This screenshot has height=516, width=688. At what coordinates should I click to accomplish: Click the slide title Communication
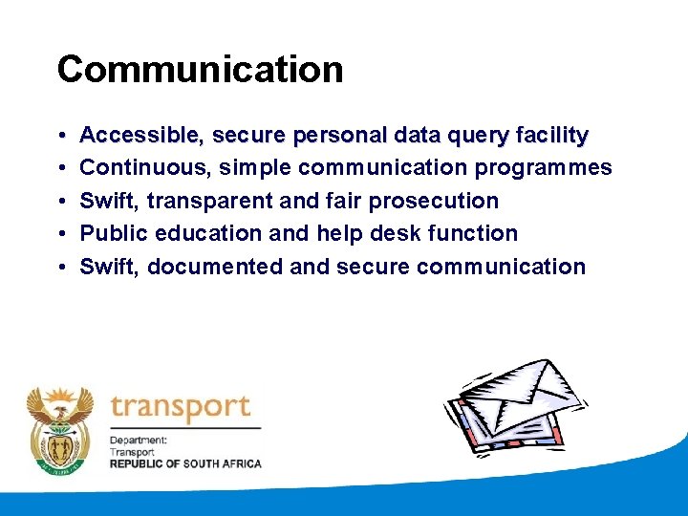click(200, 70)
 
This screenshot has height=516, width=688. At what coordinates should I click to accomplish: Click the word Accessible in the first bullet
click(138, 136)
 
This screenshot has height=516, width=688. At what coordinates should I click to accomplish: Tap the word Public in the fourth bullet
click(111, 233)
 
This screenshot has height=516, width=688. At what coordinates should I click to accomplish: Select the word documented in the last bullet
click(215, 266)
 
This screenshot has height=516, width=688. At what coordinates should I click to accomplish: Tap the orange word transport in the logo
click(181, 408)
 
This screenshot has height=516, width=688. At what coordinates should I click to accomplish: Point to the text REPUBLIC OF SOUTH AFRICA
click(185, 463)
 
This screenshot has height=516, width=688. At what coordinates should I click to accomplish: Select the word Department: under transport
click(139, 441)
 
